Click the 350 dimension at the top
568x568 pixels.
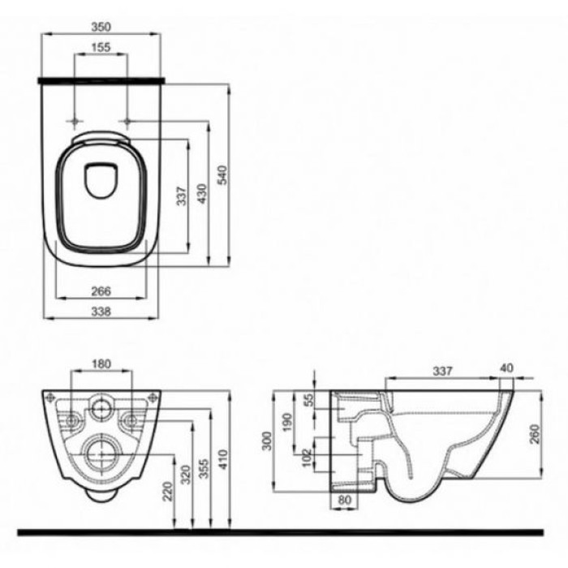(101, 26)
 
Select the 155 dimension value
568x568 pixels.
(101, 48)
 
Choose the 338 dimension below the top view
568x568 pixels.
(101, 311)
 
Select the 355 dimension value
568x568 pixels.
(205, 475)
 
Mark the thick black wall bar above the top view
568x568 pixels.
(101, 80)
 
